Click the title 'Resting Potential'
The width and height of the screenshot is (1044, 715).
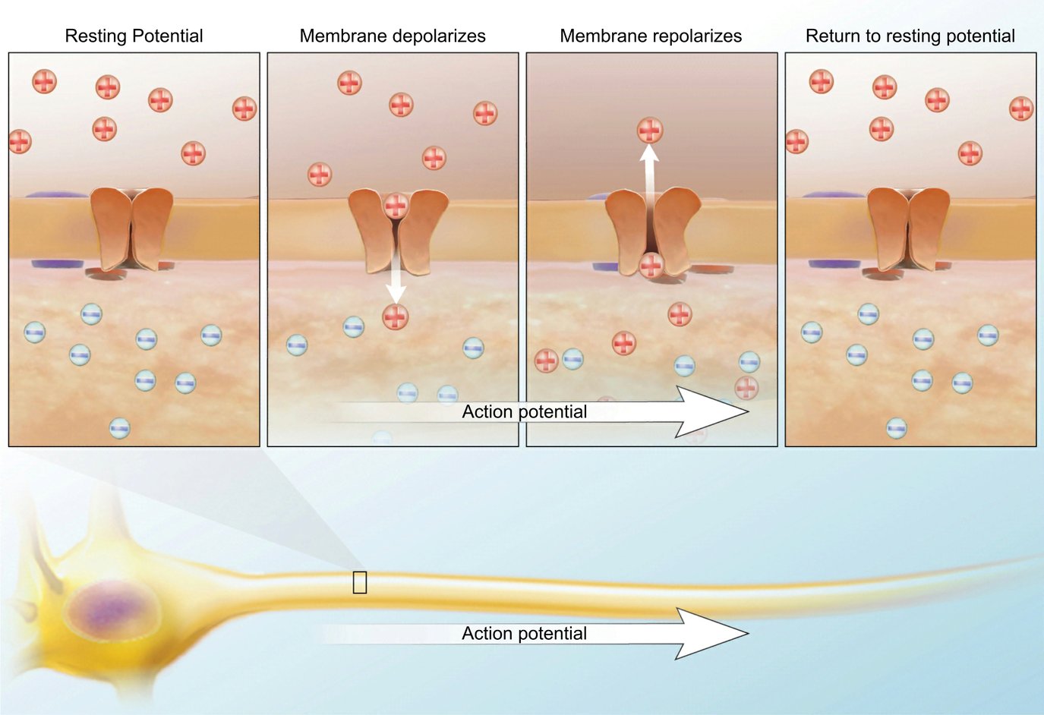point(134,36)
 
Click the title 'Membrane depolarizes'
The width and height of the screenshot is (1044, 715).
point(393,36)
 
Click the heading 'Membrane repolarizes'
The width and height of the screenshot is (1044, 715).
point(651,36)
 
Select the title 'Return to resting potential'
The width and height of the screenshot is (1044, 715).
point(910,36)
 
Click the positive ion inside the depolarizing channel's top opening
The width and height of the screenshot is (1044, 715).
point(396,206)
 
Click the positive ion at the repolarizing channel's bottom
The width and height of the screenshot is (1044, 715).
point(651,266)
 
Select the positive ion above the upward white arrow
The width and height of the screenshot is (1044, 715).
point(649,131)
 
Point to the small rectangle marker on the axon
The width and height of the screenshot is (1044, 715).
point(360,582)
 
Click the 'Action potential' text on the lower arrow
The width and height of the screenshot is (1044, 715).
point(524,634)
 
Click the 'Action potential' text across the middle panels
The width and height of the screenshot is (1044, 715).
point(524,412)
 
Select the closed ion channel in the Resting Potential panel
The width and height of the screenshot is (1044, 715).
point(131,228)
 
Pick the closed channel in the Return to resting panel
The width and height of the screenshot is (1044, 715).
point(908,228)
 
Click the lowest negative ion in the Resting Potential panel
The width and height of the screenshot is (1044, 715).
point(119,429)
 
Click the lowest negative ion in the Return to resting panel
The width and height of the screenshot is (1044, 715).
point(897,429)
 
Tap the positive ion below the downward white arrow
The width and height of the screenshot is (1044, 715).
point(395,317)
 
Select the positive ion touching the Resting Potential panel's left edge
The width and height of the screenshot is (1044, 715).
point(20,141)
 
